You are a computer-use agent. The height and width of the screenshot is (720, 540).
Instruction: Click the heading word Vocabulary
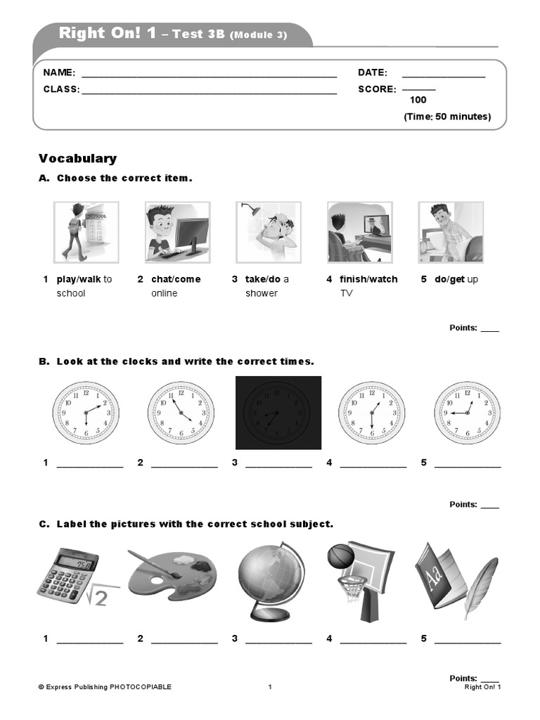[77, 159]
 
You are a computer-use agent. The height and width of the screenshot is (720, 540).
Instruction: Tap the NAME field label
[59, 72]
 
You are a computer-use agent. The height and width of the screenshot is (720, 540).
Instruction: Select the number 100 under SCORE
[418, 100]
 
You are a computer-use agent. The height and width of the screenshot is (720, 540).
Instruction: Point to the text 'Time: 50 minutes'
[447, 117]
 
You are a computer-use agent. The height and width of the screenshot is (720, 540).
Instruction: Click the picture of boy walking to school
[86, 232]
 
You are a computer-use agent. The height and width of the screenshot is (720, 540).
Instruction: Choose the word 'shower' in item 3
[262, 293]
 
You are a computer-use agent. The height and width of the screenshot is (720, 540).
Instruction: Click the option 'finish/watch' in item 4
[368, 279]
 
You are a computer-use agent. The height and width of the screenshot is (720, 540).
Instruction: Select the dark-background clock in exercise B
[278, 412]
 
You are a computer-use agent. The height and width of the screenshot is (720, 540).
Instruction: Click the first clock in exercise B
[86, 413]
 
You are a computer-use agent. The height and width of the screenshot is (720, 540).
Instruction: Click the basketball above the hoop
[341, 555]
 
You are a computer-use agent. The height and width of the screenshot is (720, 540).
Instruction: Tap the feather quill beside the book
[480, 587]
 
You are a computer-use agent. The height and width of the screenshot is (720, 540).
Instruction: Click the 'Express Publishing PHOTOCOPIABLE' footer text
[105, 687]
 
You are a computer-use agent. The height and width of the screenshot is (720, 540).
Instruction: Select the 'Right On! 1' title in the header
[108, 33]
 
